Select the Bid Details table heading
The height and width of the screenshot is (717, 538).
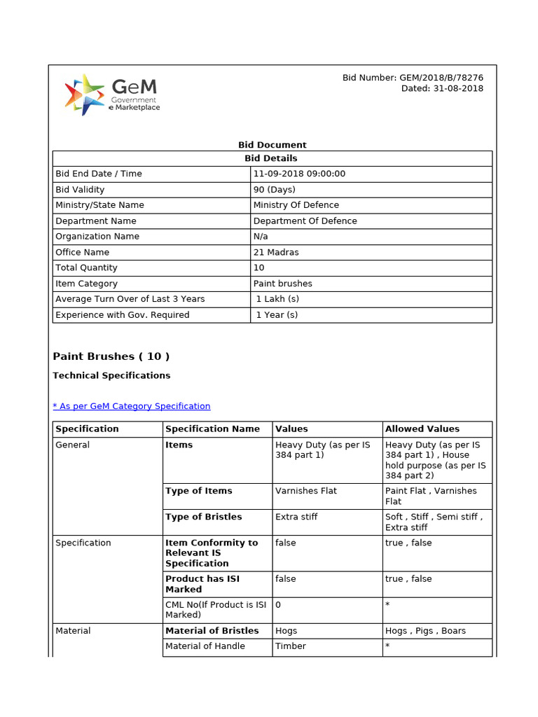(x=272, y=158)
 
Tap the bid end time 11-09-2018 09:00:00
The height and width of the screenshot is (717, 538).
(x=299, y=174)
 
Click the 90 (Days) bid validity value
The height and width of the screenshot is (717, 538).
(x=275, y=190)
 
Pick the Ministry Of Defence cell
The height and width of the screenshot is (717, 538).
(x=296, y=205)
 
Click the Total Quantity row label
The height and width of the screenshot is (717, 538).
(x=86, y=267)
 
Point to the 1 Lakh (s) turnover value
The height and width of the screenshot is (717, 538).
(x=277, y=299)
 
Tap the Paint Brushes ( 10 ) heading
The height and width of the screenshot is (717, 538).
(x=111, y=356)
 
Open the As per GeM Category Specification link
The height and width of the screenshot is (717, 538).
(x=132, y=406)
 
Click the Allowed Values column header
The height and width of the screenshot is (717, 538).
(x=422, y=429)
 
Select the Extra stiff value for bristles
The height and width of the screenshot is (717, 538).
(x=296, y=517)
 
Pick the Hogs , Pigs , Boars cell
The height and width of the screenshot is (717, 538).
(x=425, y=631)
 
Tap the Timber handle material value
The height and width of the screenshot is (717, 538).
(x=291, y=646)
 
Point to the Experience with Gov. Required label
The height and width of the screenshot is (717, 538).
(x=122, y=315)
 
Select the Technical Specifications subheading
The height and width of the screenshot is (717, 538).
(x=111, y=375)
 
